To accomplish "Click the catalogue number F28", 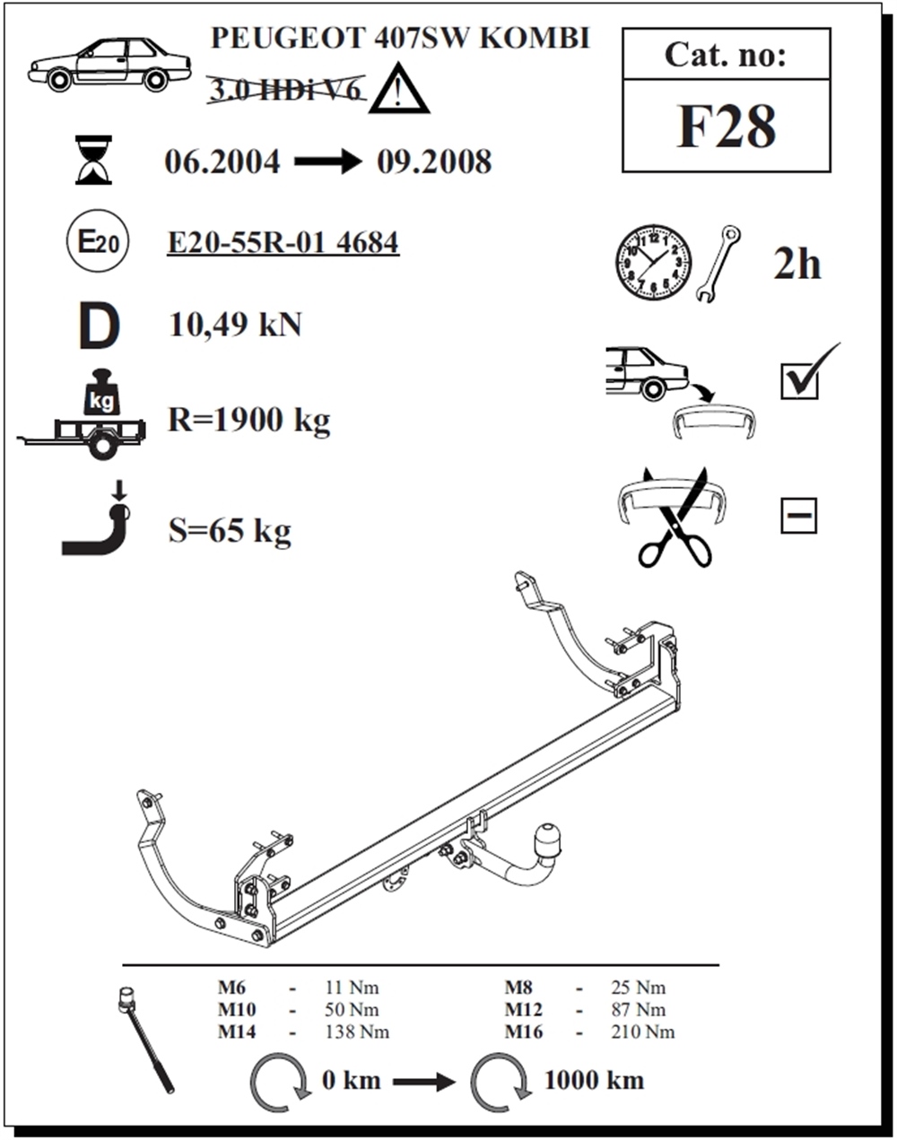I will click(x=726, y=126).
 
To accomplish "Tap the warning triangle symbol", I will click(x=398, y=91).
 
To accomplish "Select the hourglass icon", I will click(x=93, y=160).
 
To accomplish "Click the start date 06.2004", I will click(x=222, y=161).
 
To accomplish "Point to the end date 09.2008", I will click(x=434, y=161).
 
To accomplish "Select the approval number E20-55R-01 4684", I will click(x=283, y=242).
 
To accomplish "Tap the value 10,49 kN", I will click(x=235, y=325).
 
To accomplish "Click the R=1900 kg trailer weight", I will click(x=248, y=420).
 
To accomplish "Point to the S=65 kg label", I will click(x=230, y=531).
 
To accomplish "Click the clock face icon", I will click(x=653, y=263).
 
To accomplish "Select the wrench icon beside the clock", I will click(x=718, y=263).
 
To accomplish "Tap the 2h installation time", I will click(x=797, y=265).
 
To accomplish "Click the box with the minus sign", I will click(x=797, y=516).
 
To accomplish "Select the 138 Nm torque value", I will click(x=356, y=1031).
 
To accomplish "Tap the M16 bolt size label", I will click(x=524, y=1031).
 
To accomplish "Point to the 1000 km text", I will click(x=594, y=1079).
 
